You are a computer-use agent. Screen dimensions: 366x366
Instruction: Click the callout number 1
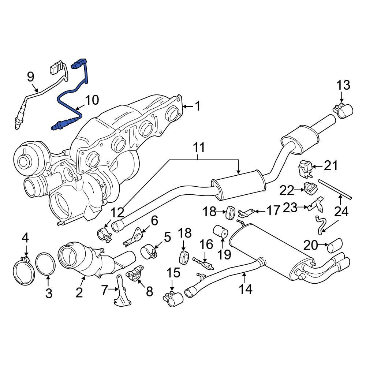[x=197, y=107]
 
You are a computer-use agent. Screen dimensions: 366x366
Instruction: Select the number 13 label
[x=343, y=86]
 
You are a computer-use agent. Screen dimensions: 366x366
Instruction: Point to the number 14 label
[x=246, y=289]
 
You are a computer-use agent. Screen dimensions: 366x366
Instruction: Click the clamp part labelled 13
[x=343, y=111]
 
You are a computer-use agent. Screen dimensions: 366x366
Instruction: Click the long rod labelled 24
[x=335, y=189]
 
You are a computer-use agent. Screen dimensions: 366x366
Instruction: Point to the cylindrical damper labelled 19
[x=221, y=231]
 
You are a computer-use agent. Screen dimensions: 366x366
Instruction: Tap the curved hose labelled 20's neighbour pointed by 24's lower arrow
[x=320, y=224]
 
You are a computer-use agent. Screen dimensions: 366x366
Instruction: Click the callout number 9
[x=31, y=77]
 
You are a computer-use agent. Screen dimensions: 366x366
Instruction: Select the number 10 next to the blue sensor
[x=92, y=100]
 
